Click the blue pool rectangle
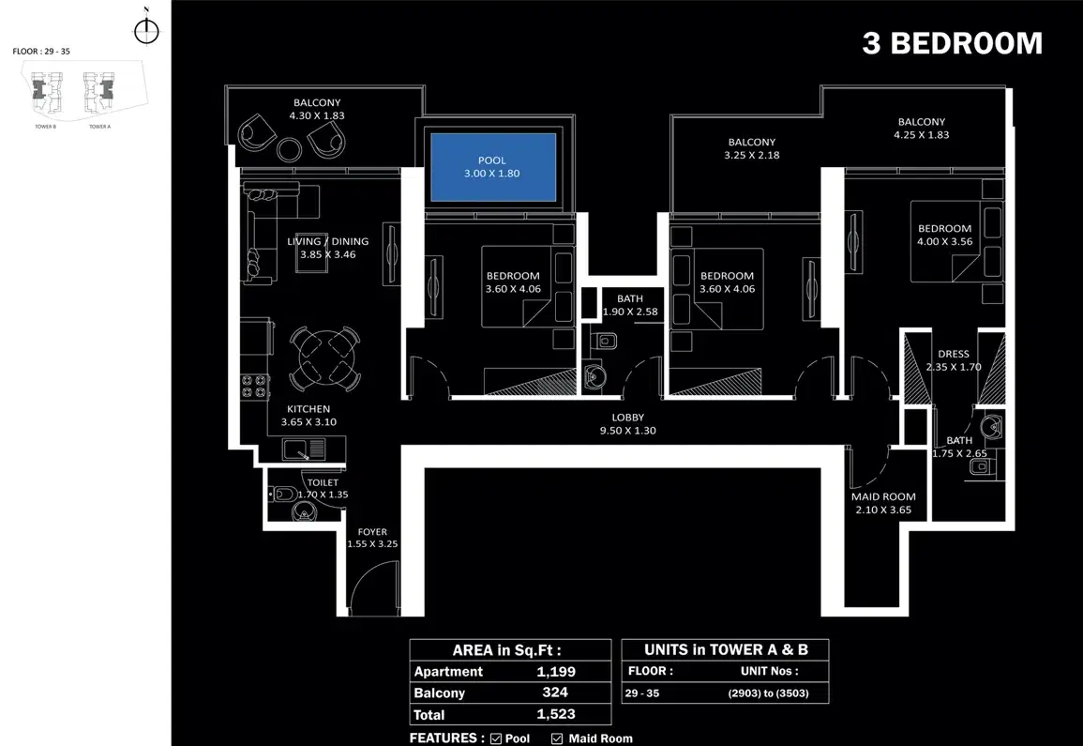492,167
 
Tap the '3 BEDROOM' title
952,44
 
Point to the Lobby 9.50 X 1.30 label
627,424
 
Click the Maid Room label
883,503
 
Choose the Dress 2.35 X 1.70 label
953,360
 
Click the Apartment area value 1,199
556,672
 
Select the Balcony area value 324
556,693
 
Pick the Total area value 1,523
556,715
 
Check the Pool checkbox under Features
496,738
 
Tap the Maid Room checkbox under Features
557,738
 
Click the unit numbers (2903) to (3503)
767,694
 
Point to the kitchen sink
303,449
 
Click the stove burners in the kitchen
256,387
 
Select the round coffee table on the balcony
290,147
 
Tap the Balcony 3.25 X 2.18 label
751,148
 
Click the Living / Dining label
327,247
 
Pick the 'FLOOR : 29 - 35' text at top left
41,52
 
